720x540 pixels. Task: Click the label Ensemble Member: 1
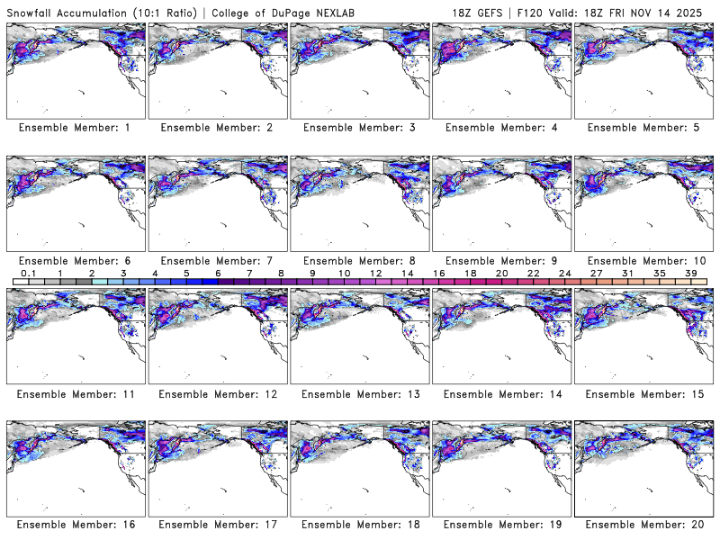pos(75,128)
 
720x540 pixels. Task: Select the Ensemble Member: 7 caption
pos(216,261)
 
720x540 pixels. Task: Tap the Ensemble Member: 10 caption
pos(643,261)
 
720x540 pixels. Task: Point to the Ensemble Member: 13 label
pos(358,393)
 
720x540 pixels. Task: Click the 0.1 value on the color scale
pos(28,273)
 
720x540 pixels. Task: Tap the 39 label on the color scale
pos(690,273)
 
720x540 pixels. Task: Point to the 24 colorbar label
pos(564,273)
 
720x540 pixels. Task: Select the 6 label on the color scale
pos(218,273)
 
